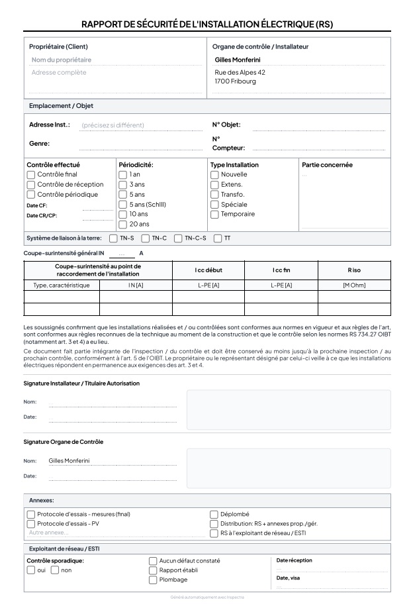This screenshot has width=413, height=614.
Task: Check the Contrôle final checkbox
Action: pos(30,175)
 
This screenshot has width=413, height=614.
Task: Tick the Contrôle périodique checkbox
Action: pos(30,195)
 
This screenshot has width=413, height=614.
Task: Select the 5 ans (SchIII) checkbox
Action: pos(122,205)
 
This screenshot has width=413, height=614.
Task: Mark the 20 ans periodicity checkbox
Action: pos(122,225)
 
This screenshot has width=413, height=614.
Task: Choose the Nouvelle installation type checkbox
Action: pos(214,175)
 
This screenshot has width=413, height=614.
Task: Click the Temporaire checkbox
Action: pos(214,215)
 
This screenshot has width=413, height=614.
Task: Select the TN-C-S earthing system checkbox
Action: pos(178,238)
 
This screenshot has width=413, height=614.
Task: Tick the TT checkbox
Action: pos(218,238)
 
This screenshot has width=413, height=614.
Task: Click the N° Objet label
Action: pos(226,125)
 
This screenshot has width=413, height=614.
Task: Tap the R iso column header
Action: pos(354,270)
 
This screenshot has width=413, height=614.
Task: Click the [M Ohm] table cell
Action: pos(354,285)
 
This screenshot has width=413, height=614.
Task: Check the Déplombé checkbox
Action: pos(214,514)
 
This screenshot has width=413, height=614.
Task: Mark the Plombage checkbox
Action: pos(153,580)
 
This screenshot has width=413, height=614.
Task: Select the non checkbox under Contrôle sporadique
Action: pos(55,570)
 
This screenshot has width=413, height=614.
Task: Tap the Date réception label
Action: pos(295,560)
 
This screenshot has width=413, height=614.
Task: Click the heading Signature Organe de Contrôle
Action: pos(64,442)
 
